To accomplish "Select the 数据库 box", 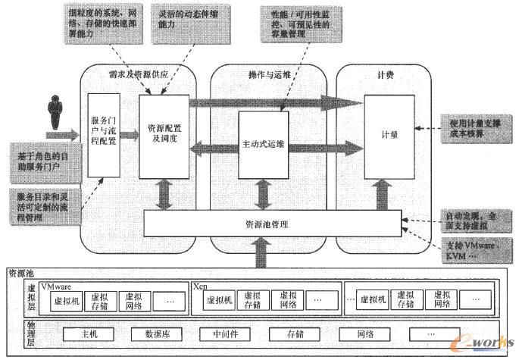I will coord(156,333).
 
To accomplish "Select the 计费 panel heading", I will coord(386,73).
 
